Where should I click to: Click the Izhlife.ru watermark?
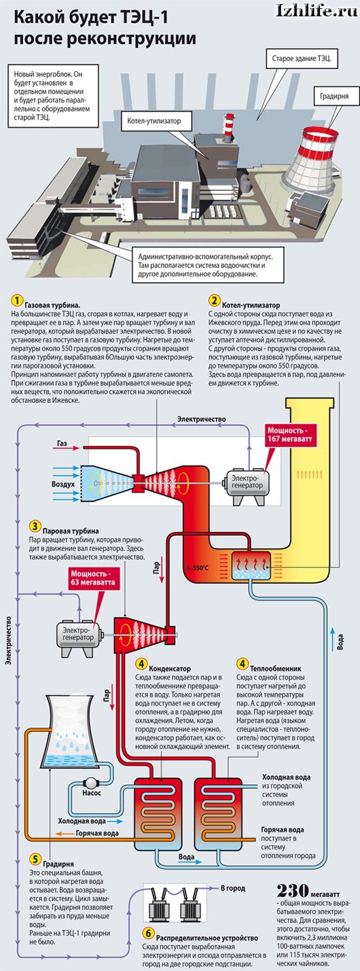[x=317, y=10]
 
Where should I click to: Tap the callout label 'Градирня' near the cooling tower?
[x=334, y=96]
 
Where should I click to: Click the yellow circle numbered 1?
[x=16, y=300]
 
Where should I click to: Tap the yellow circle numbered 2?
[x=213, y=300]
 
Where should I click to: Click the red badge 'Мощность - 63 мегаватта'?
[x=93, y=578]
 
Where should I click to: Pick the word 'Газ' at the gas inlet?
[x=62, y=444]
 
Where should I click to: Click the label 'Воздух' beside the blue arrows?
[x=63, y=484]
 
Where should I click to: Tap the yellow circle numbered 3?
[x=35, y=526]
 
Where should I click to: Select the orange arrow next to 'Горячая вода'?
[x=64, y=834]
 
